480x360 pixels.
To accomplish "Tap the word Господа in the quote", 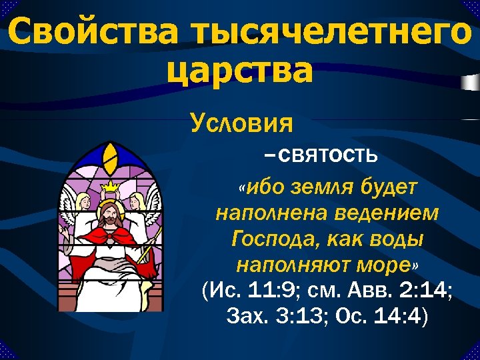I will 273,239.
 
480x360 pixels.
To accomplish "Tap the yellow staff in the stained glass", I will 153,240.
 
